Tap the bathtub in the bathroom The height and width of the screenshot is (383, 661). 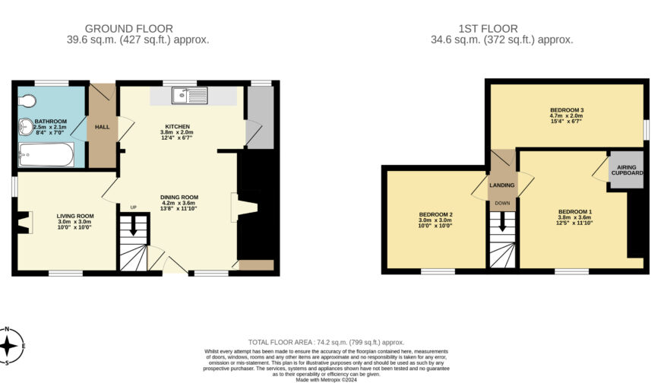pyautogui.click(x=46, y=157)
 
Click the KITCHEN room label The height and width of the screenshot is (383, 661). pyautogui.click(x=177, y=126)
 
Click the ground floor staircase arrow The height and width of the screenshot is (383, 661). pyautogui.click(x=134, y=226)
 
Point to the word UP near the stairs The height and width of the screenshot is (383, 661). pyautogui.click(x=134, y=207)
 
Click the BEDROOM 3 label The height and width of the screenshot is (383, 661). pyautogui.click(x=566, y=111)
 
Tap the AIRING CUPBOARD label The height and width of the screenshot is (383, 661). pyautogui.click(x=628, y=169)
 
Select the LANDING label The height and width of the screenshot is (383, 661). pyautogui.click(x=501, y=185)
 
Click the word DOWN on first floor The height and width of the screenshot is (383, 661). pyautogui.click(x=502, y=203)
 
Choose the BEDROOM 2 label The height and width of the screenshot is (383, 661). pyautogui.click(x=435, y=214)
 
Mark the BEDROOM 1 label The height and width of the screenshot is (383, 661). pyautogui.click(x=574, y=211)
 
